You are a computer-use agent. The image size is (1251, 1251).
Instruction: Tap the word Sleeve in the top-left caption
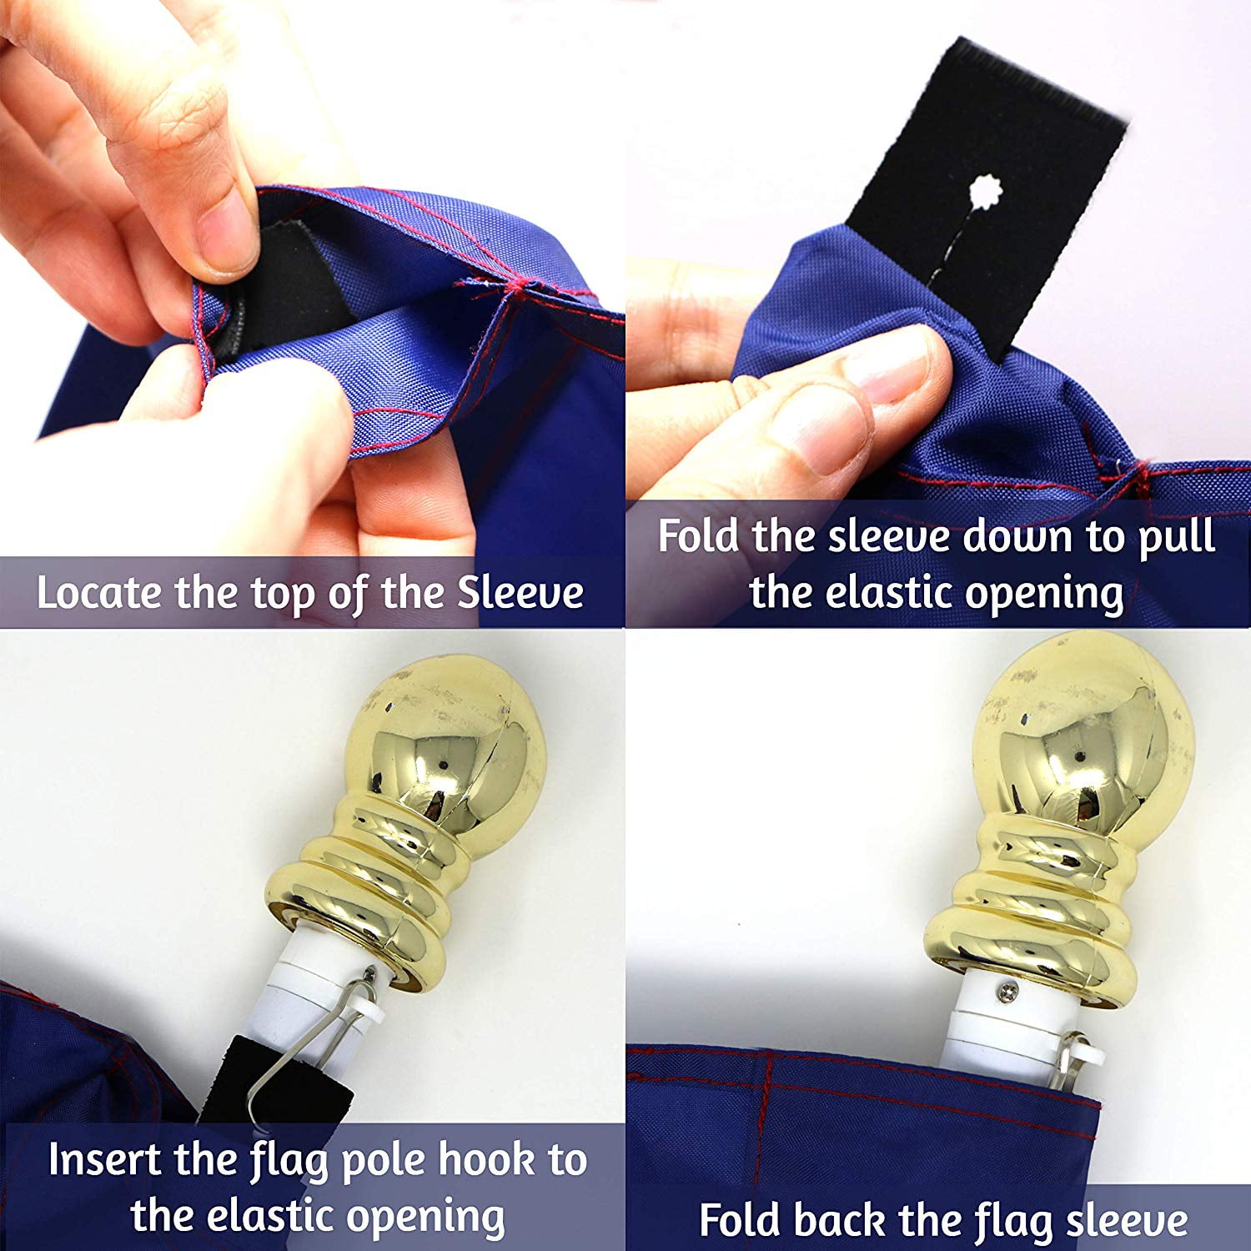(x=521, y=593)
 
